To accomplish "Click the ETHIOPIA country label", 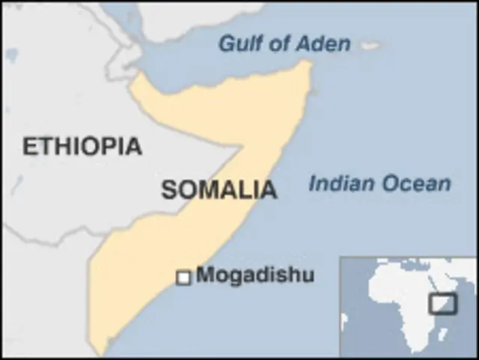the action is (x=82, y=146).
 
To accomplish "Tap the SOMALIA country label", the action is (x=219, y=190).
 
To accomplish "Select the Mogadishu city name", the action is (x=254, y=275).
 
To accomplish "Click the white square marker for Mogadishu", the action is (x=183, y=278).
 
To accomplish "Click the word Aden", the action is (x=323, y=43).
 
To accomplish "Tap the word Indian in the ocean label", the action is (x=341, y=183).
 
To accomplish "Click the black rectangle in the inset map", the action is (x=442, y=303).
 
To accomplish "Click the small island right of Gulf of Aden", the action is (x=369, y=45).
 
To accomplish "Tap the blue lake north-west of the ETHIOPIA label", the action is (x=10, y=55).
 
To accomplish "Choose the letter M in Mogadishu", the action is (x=205, y=275).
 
